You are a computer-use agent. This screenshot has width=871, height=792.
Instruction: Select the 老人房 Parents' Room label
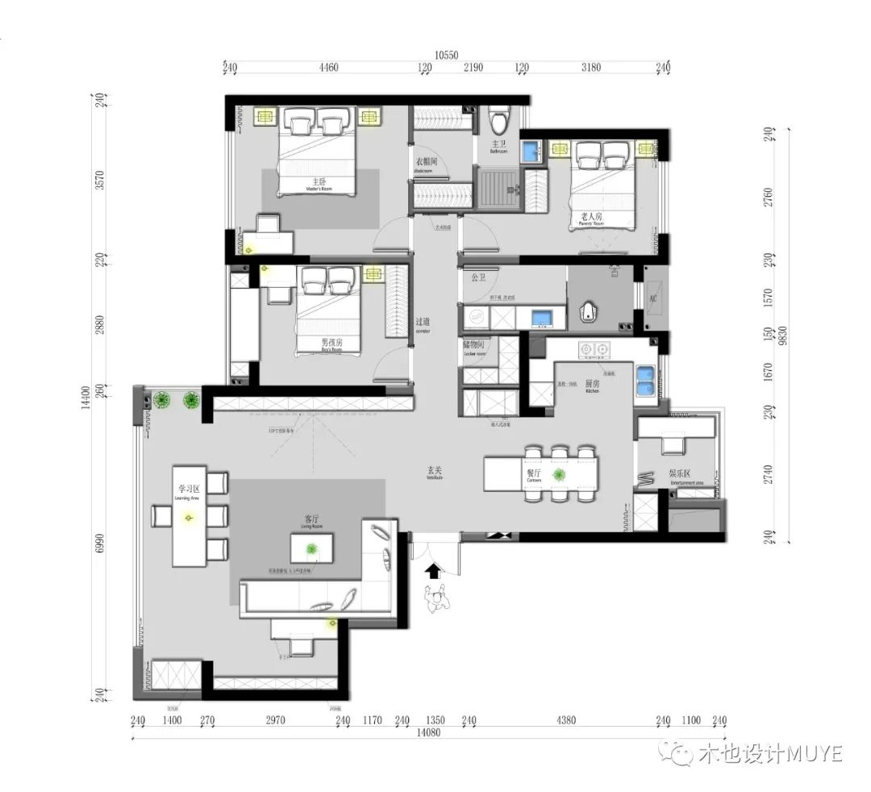click(591, 219)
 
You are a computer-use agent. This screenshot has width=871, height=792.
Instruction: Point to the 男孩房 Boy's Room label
click(331, 344)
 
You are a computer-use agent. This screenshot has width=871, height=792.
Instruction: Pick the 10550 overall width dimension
click(446, 55)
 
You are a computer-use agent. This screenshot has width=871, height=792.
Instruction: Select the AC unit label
click(653, 297)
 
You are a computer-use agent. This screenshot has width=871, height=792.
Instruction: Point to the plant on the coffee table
click(311, 549)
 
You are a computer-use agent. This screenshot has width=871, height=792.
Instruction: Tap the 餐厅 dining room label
click(534, 475)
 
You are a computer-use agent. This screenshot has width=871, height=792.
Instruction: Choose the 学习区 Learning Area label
click(189, 491)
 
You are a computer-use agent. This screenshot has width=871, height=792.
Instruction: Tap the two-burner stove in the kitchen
click(594, 350)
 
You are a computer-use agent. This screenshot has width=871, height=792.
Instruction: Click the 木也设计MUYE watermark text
click(759, 754)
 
